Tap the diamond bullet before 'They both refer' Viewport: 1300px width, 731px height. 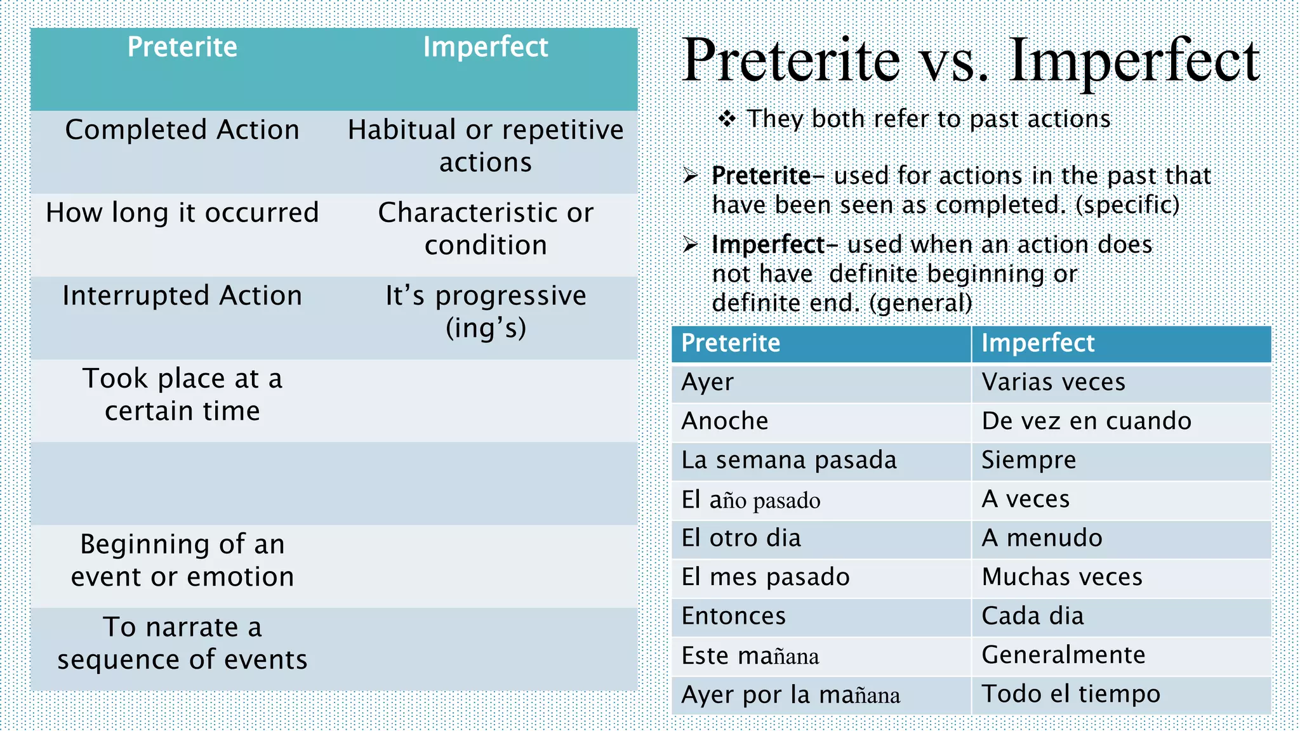(x=727, y=119)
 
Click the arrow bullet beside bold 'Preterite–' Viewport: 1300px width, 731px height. (x=691, y=176)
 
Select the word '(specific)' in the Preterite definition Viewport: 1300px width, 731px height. (x=1127, y=205)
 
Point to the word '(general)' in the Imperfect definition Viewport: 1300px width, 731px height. (x=920, y=303)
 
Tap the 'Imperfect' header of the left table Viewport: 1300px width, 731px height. (x=486, y=48)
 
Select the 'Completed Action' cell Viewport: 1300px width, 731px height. (x=182, y=130)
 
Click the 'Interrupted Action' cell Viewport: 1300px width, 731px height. (x=182, y=296)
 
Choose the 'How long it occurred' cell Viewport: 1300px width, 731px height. (x=182, y=213)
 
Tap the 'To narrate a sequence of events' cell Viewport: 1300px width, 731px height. (x=182, y=643)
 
